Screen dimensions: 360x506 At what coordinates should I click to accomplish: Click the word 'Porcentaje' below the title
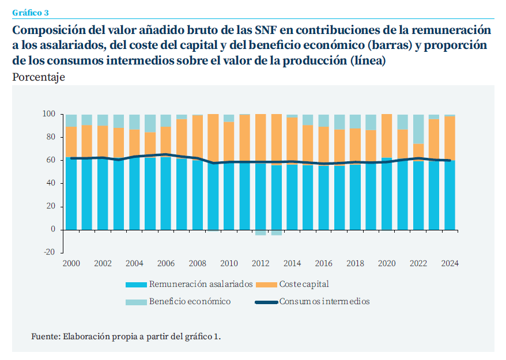tap(38, 77)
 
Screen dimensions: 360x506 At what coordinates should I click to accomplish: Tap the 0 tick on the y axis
tap(52, 229)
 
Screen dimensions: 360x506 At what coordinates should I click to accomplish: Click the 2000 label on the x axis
tap(71, 263)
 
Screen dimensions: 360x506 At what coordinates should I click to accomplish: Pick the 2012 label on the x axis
tap(260, 263)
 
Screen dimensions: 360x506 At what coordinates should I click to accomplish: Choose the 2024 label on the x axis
tap(450, 263)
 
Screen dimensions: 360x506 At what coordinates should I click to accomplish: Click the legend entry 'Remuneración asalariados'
tap(201, 284)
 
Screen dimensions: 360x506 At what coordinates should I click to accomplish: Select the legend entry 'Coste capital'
tap(304, 284)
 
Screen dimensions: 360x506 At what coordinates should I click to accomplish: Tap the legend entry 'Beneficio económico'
tap(190, 301)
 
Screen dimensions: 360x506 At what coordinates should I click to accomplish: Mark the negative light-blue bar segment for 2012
tap(260, 232)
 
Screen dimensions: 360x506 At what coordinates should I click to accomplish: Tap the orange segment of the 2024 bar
tap(450, 138)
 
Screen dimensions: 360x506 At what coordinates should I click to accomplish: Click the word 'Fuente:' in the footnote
tap(45, 336)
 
